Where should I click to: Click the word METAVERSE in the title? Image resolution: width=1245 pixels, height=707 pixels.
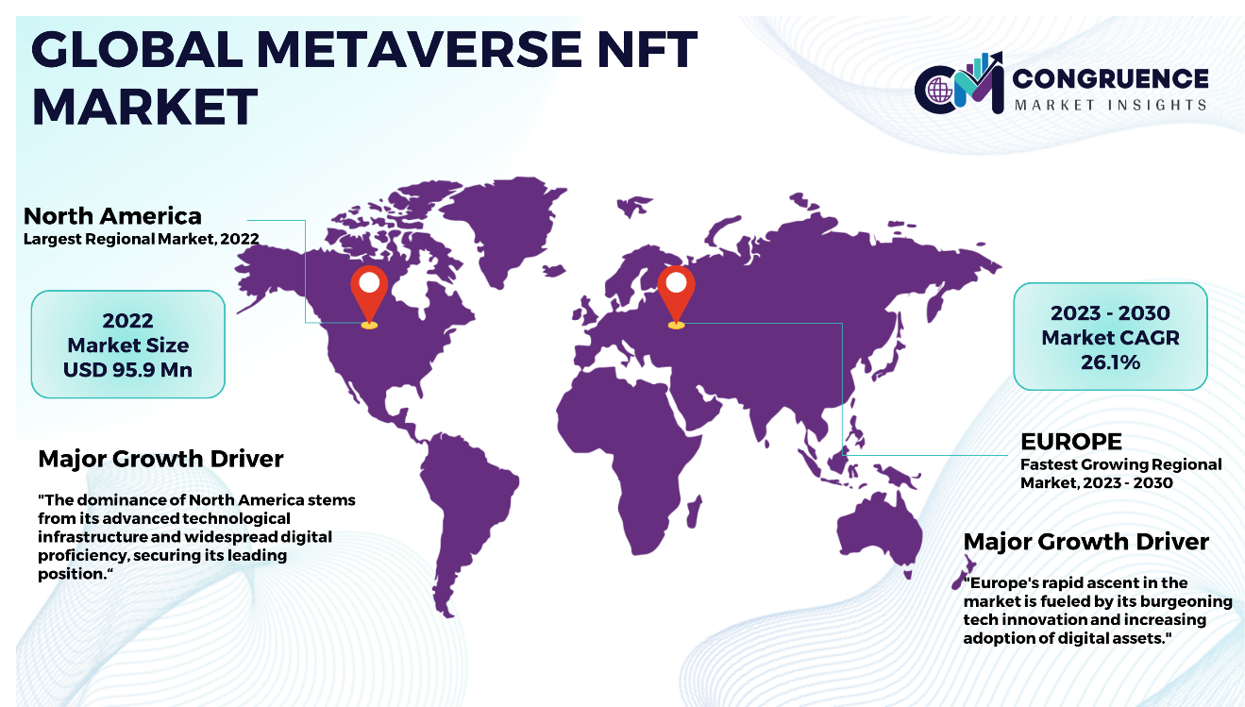(418, 49)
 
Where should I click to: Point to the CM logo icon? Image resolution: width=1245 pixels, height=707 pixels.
(959, 83)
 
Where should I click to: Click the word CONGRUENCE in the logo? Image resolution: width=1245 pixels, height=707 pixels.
(1111, 79)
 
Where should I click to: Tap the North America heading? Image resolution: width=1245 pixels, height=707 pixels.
(112, 215)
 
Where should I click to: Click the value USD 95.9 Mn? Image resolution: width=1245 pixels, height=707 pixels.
(127, 370)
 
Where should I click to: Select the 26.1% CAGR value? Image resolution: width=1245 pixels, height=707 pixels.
(1111, 362)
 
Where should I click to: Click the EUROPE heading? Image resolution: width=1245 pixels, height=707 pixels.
(1071, 442)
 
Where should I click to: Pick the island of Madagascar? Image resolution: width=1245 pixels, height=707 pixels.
(694, 512)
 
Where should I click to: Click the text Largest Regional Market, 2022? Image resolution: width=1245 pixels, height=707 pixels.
(142, 239)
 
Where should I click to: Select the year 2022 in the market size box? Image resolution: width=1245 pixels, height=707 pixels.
(127, 321)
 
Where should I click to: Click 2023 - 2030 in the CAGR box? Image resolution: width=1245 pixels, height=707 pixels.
(1111, 313)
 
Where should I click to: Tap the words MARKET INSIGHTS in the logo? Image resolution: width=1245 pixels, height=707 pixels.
(1111, 105)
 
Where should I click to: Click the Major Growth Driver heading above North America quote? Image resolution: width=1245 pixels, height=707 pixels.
(160, 459)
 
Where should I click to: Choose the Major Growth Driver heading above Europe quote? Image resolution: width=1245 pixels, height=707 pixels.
(1086, 542)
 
